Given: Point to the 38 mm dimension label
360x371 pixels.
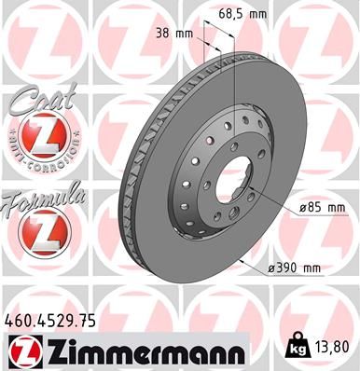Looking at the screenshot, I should coord(175,34).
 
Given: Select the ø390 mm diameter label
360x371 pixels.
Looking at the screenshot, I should coord(293,268).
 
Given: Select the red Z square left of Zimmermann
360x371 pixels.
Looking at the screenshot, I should coord(22,350).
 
